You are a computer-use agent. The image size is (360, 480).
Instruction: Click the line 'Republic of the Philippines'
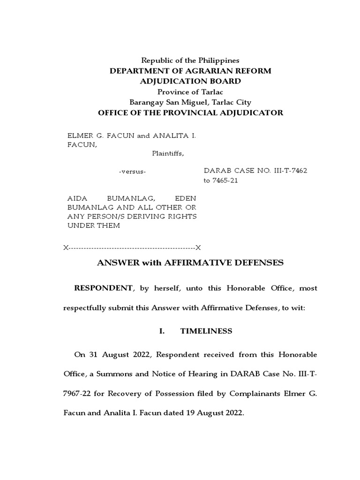click(190, 60)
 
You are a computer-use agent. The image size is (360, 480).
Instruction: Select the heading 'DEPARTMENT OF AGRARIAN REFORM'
click(190, 71)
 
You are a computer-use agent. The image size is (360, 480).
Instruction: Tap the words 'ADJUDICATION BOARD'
click(190, 81)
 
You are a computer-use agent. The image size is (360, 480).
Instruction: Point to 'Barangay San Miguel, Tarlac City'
click(190, 102)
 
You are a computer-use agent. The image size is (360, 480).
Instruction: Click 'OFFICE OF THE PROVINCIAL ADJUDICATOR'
click(190, 113)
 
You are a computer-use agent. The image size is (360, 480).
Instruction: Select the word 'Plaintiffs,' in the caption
click(167, 153)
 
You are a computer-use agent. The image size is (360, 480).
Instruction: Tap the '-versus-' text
click(133, 172)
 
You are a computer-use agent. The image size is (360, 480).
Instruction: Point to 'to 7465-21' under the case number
click(221, 180)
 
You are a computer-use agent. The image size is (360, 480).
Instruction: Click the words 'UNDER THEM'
click(94, 225)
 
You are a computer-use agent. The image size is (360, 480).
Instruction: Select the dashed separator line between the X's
click(132, 247)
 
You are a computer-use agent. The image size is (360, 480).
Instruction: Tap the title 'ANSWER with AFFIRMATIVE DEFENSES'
click(190, 263)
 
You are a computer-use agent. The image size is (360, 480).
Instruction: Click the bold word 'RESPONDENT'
click(103, 288)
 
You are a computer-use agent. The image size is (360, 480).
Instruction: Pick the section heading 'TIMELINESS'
click(206, 331)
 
